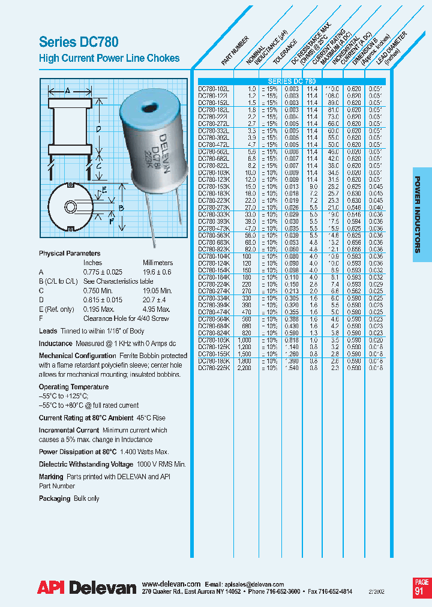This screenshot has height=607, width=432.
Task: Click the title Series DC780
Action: click(79, 42)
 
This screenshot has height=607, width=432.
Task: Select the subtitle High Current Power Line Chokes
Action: click(109, 58)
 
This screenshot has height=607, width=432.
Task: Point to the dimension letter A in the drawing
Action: click(68, 91)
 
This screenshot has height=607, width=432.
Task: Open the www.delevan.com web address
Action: click(171, 584)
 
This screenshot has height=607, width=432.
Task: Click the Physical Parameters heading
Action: click(70, 254)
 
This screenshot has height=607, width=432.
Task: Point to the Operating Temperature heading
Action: click(74, 387)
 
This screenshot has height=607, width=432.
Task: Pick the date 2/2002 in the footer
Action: click(379, 591)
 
